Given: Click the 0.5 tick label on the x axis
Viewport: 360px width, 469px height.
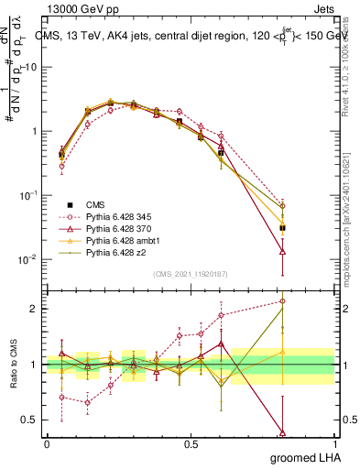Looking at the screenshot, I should tap(191, 443).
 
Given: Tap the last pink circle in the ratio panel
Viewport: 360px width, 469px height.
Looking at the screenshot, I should tap(283, 301).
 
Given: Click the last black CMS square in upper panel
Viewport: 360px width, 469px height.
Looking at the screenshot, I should tap(283, 228).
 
